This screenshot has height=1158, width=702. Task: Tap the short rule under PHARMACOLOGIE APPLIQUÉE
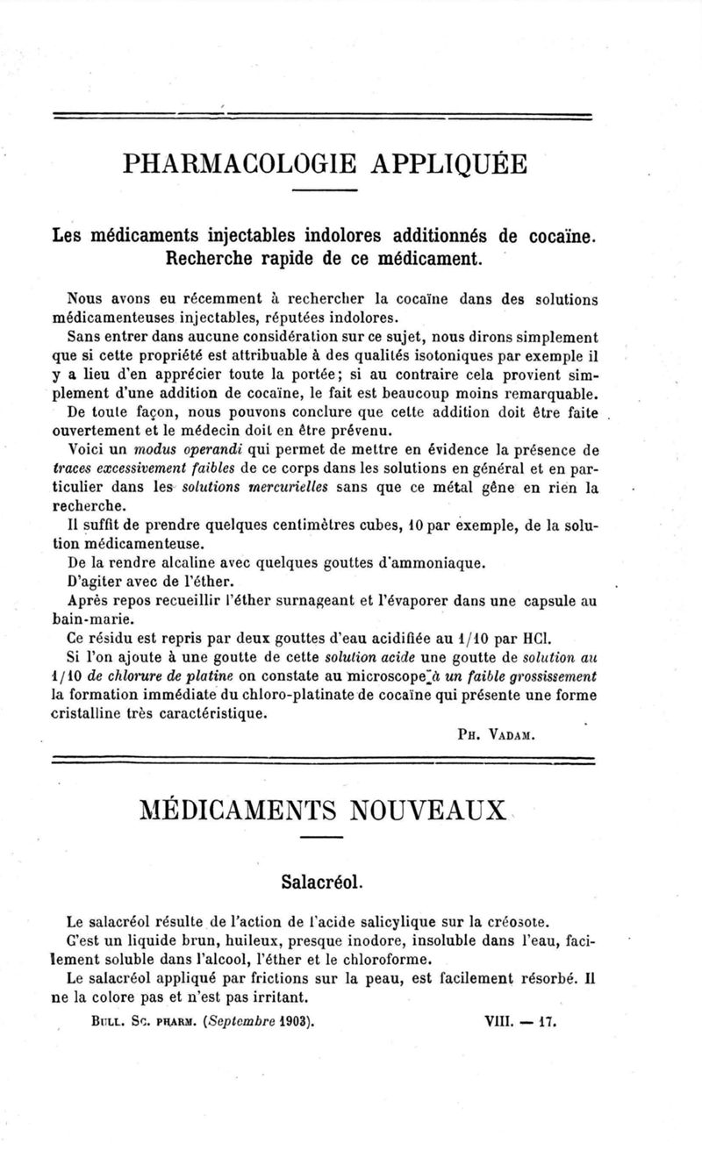[324, 191]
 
